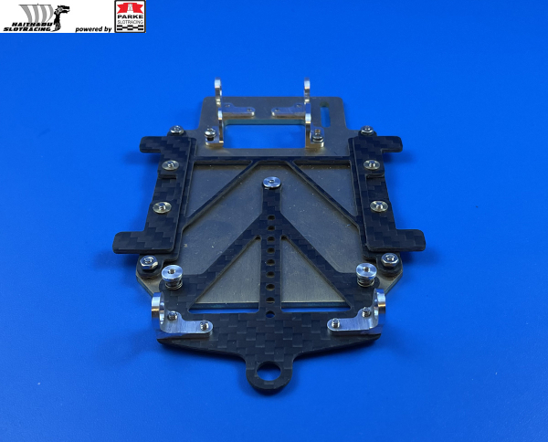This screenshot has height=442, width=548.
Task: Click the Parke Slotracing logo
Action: (x=129, y=16)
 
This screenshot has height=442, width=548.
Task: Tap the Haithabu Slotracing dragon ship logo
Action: (x=36, y=17)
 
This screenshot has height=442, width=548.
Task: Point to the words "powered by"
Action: (x=94, y=29)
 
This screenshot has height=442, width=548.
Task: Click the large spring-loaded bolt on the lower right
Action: (x=365, y=271)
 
